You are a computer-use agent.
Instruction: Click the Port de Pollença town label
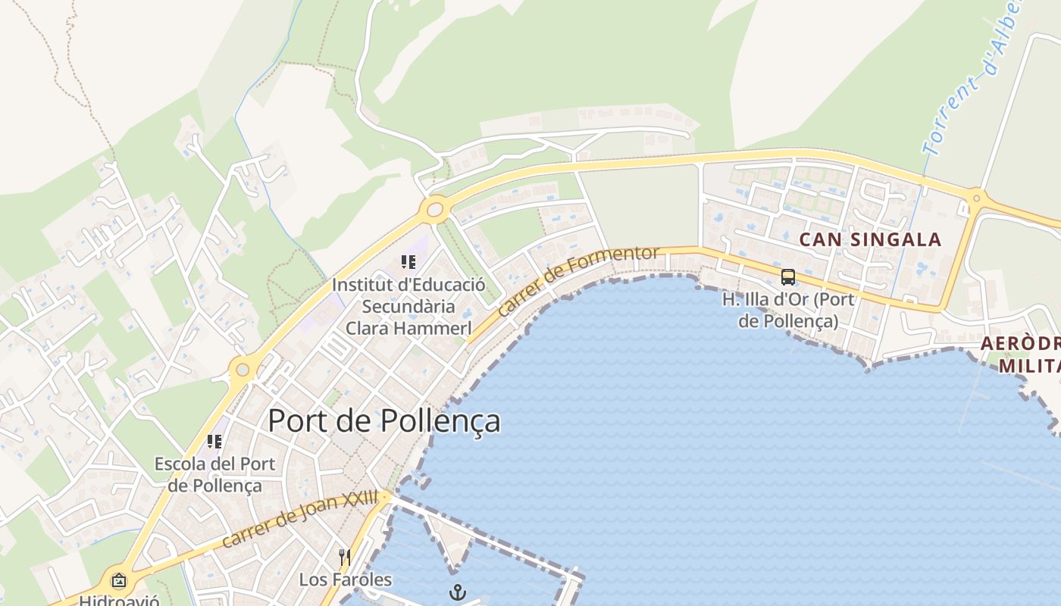coord(384,420)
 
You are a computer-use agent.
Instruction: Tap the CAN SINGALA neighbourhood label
coord(871,240)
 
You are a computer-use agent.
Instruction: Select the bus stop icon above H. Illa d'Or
coord(788,276)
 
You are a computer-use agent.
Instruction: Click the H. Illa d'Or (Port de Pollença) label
coord(788,310)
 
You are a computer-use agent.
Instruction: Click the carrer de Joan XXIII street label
coord(300,519)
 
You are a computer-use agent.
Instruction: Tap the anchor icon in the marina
coord(457,592)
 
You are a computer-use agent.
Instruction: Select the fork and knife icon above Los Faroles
coord(345,558)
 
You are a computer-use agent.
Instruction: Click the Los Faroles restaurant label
coord(346,580)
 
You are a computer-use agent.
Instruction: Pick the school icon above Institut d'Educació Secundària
coord(408,263)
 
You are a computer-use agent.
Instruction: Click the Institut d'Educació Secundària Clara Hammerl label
coord(408,307)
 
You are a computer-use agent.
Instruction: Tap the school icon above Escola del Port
coord(214,441)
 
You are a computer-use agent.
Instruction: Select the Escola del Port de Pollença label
coord(214,474)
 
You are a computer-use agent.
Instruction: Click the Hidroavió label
coord(119,600)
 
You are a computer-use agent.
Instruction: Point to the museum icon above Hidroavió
coord(119,581)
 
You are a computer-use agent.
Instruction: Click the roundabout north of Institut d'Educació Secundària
coord(435,208)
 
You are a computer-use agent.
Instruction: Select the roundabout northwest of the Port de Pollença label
coord(243,370)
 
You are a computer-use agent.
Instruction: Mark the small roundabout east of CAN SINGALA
coord(976,199)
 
